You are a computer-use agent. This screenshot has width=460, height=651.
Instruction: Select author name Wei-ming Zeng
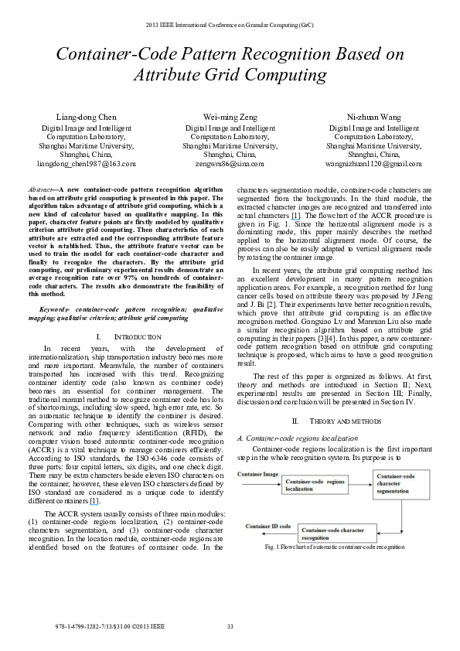pyautogui.click(x=230, y=118)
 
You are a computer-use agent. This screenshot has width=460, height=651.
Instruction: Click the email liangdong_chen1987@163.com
pyautogui.click(x=87, y=164)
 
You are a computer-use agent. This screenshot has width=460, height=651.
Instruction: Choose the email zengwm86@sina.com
pyautogui.click(x=230, y=164)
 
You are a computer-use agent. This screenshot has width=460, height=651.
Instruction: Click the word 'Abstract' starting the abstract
pyautogui.click(x=39, y=189)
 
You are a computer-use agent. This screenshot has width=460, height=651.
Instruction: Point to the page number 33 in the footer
pyautogui.click(x=230, y=625)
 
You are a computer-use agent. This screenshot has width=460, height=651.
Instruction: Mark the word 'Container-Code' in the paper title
pyautogui.click(x=114, y=54)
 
